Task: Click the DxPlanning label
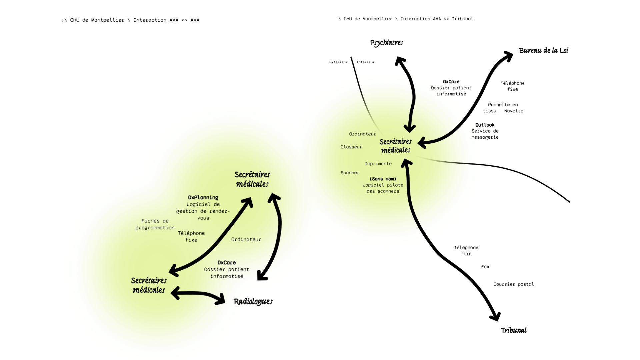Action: pos(203,197)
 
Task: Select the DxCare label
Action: pos(226,262)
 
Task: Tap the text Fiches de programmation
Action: pos(155,224)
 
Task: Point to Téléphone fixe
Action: pos(191,236)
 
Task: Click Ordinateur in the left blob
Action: pos(246,239)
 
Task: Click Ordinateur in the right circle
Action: pos(362,134)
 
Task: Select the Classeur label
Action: pos(351,147)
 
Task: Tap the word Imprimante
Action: pos(378,164)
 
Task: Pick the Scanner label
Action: pos(350,173)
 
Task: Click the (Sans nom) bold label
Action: pos(383,179)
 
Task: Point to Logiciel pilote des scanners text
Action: pos(383,188)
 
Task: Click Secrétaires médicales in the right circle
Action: pos(396,146)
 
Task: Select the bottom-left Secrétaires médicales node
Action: pos(149,285)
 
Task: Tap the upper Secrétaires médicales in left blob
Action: pos(252,179)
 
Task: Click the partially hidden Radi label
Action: pos(240,302)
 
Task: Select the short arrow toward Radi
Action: pos(198,295)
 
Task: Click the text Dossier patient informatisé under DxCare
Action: pos(226,273)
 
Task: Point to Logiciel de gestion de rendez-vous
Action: pos(203,211)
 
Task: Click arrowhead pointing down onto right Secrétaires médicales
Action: pos(409,128)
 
